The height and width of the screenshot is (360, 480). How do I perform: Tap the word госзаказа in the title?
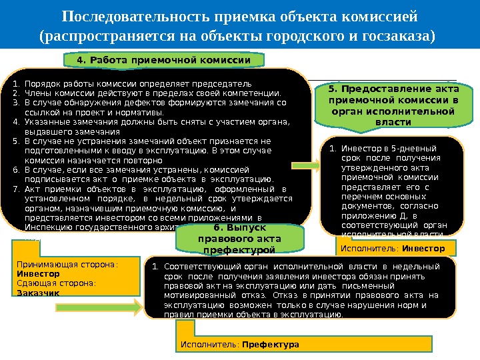(x=398, y=34)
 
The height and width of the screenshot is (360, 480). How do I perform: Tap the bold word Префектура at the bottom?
(x=271, y=345)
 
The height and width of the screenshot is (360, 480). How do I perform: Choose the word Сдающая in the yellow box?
(x=34, y=283)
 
